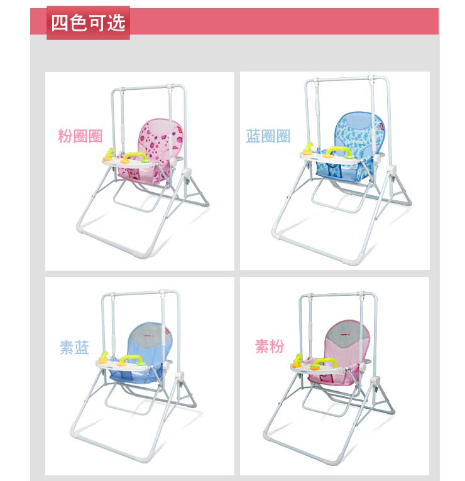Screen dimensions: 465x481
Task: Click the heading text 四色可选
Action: [88, 23]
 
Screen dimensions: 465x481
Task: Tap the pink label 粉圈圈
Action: [80, 136]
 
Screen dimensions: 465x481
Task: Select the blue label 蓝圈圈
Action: [268, 136]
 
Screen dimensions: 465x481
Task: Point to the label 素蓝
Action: [74, 347]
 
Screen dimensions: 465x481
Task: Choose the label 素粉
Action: [270, 347]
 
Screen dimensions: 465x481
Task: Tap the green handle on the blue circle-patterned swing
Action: [339, 150]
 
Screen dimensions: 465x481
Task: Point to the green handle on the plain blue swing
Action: [131, 359]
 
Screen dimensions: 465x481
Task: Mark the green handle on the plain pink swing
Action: [325, 360]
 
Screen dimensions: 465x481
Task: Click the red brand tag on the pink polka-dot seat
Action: [180, 131]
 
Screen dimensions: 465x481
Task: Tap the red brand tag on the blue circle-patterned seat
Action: [381, 126]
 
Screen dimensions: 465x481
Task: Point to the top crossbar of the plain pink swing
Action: [337, 295]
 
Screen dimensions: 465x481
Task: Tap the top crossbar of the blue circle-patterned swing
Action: [347, 79]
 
